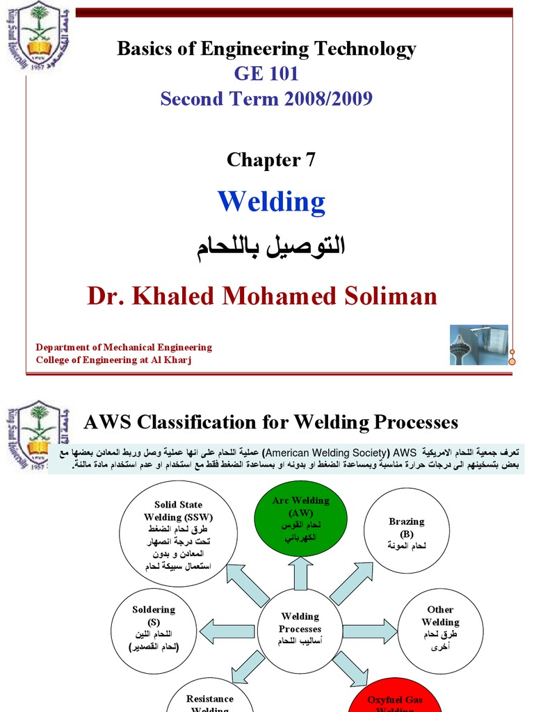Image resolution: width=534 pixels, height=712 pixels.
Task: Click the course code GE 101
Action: point(266,74)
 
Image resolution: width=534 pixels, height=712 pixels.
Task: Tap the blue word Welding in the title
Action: point(271,202)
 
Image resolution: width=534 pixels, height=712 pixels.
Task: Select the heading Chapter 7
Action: point(271,160)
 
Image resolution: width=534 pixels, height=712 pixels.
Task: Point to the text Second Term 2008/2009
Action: point(266,99)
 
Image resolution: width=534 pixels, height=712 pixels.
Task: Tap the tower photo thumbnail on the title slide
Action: point(478,345)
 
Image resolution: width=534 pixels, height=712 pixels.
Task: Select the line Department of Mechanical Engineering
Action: point(124,347)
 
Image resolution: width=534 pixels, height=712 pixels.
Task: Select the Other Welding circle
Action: point(440,629)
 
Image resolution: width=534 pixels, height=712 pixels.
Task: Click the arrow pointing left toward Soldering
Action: point(226,630)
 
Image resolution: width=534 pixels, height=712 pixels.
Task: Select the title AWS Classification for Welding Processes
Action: point(271,422)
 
